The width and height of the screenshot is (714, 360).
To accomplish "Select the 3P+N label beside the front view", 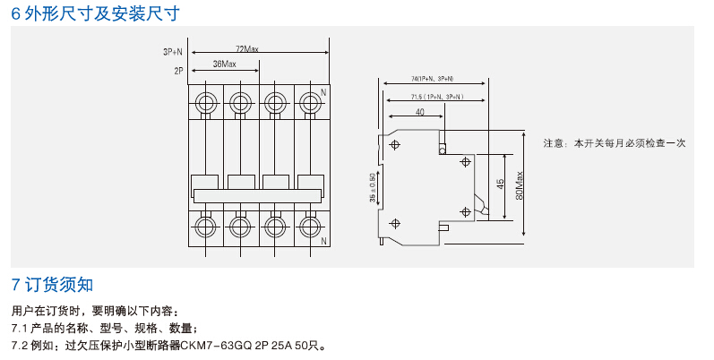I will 172,52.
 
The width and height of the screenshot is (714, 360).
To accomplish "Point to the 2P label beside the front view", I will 178,69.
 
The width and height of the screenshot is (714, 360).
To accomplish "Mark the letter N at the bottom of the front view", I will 323,242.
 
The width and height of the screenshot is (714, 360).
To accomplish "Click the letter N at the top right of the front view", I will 323,92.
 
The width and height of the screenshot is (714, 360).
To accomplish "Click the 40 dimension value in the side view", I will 420,113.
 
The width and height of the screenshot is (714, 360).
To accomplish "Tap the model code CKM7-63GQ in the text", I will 211,344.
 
